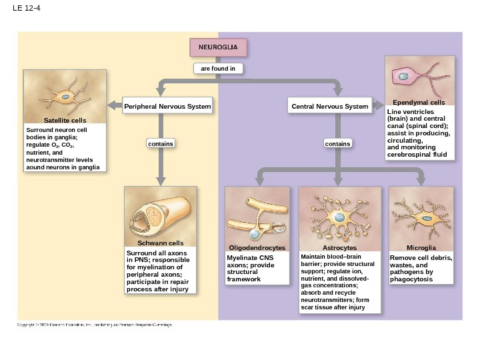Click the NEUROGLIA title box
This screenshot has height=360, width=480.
219,47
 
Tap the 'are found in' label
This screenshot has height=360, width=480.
219,68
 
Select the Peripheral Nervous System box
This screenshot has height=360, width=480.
167,107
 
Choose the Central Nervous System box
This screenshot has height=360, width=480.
330,107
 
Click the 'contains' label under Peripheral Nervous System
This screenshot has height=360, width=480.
160,143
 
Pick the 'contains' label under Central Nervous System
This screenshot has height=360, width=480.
338,143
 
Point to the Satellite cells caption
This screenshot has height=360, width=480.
65,120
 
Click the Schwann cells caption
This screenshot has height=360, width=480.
161,243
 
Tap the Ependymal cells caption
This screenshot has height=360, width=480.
419,103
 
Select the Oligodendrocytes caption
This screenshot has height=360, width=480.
257,247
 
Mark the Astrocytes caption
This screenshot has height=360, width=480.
339,247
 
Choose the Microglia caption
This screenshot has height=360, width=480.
421,247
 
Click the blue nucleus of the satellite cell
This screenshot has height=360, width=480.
65,97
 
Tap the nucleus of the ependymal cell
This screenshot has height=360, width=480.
404,77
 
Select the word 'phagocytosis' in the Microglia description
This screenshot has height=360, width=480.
412,279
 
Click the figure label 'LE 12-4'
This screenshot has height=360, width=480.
23,9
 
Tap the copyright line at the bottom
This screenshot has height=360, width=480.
95,325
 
